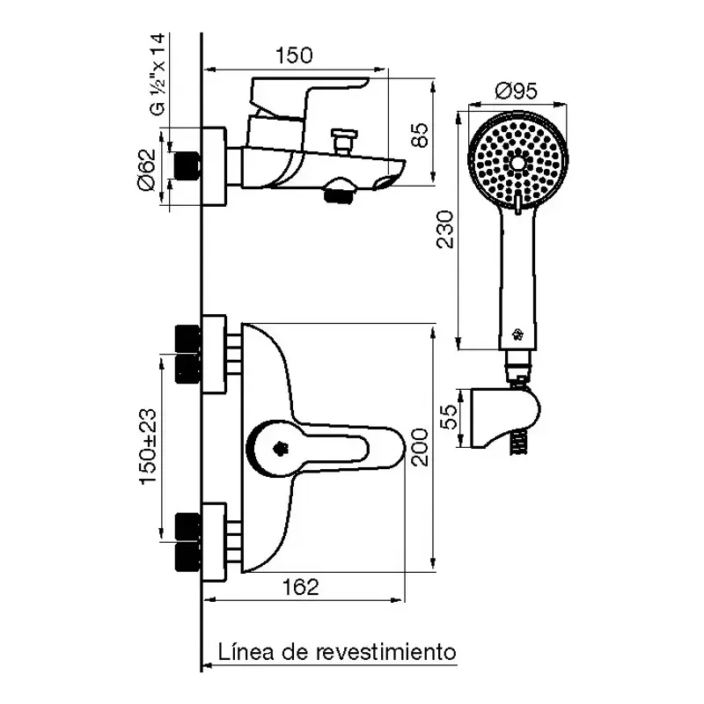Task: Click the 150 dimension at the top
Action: point(294,56)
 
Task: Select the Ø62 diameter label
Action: point(149,168)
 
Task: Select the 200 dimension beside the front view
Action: point(420,447)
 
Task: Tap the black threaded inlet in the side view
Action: point(188,167)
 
